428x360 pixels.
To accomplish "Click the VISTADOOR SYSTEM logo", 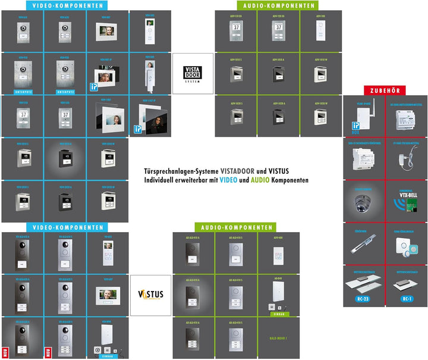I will [193, 73].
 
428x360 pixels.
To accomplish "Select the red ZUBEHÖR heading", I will [385, 90].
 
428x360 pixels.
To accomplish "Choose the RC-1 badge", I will [407, 298].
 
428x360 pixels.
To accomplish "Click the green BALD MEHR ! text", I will [278, 338].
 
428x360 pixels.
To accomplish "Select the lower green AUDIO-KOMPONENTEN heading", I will [237, 227].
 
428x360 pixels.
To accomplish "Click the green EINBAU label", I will [278, 313].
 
